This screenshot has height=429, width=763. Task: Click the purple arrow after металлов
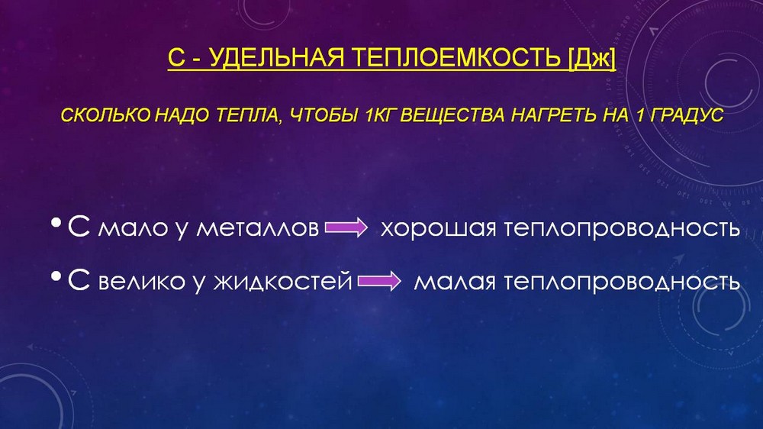(346, 227)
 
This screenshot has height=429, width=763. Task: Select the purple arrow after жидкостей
(379, 281)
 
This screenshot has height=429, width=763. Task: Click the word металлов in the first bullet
(257, 228)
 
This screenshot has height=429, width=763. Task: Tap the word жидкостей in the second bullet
(283, 282)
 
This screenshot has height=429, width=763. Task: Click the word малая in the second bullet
(455, 282)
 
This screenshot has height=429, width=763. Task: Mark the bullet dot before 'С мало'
(56, 224)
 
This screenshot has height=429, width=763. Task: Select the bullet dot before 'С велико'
(56, 277)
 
